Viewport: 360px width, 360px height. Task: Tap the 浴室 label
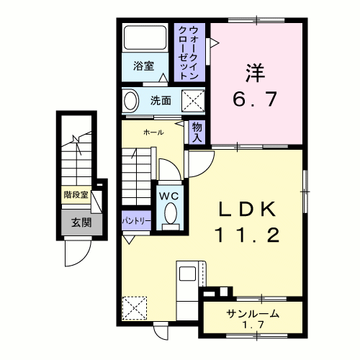[x=143, y=66]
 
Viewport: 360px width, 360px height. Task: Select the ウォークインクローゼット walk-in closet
[x=189, y=53]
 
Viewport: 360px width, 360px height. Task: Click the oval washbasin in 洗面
[x=131, y=101]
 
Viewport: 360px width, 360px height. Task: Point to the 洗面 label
[x=161, y=101]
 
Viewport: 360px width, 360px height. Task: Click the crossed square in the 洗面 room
[x=193, y=101]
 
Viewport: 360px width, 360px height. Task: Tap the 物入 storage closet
[x=197, y=132]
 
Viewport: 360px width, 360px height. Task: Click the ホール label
[x=153, y=132]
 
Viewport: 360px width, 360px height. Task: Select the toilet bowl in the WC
[x=171, y=213]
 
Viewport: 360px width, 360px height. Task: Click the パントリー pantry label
[x=136, y=221]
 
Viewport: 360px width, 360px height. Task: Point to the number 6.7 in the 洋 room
[x=255, y=99]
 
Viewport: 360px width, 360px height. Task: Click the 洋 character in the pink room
[x=255, y=73]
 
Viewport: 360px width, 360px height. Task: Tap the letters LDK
[x=247, y=210]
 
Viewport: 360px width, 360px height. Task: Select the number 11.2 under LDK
[x=248, y=235]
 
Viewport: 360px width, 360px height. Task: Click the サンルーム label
[x=253, y=314]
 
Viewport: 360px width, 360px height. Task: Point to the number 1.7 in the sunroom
[x=253, y=325]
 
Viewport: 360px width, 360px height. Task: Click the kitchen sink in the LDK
[x=187, y=274]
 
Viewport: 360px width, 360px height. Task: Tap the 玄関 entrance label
[x=81, y=222]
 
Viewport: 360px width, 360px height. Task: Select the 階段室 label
[x=76, y=194]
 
